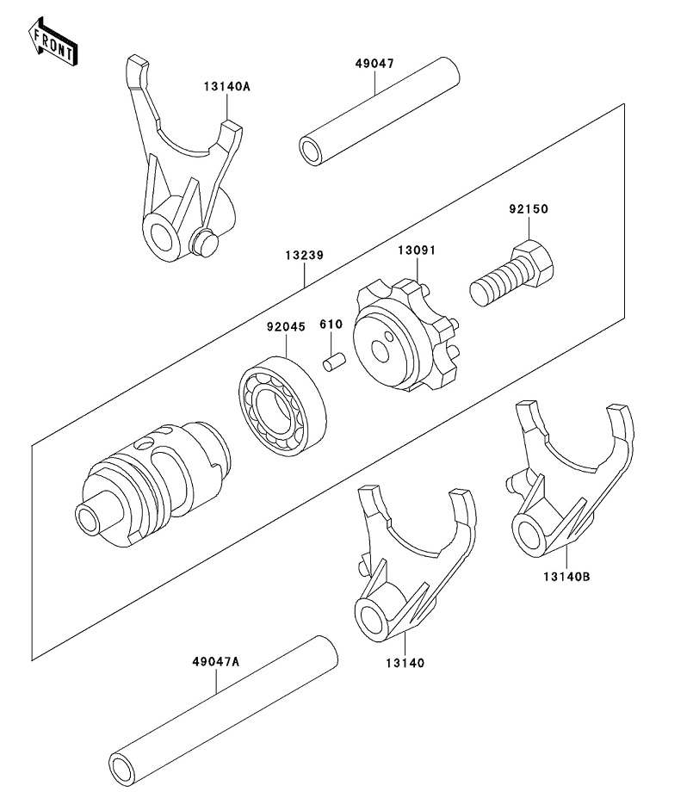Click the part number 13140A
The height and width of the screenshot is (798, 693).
click(227, 86)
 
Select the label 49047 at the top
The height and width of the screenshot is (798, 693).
click(375, 64)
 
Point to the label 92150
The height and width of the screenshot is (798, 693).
click(529, 208)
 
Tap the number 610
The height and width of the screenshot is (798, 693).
click(331, 325)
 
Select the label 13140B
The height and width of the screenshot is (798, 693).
click(566, 577)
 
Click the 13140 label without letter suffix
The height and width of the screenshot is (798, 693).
click(405, 663)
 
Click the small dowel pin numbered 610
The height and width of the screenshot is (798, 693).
click(334, 362)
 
